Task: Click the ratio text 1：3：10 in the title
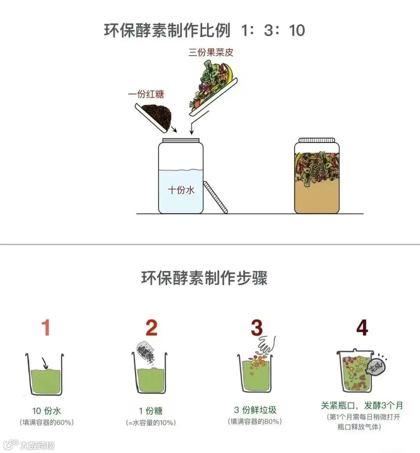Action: pos(273,30)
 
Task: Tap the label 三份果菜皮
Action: pos(210,52)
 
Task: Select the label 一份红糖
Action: pos(146,94)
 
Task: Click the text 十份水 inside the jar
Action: pos(181,190)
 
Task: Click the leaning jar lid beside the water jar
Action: pos(215,197)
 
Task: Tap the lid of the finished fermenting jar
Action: pos(317,140)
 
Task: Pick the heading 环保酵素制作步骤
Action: pos(204,278)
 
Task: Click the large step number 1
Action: pos(46,328)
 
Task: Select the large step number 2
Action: pos(151,328)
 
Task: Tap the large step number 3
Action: pos(257,328)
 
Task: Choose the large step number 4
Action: pos(362,328)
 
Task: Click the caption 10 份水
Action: pos(46,411)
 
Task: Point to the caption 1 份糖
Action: pos(150,411)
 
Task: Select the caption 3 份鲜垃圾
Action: pos(255,409)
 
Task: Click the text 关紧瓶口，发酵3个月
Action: pos(362,405)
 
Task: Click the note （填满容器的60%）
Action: pos(47,422)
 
